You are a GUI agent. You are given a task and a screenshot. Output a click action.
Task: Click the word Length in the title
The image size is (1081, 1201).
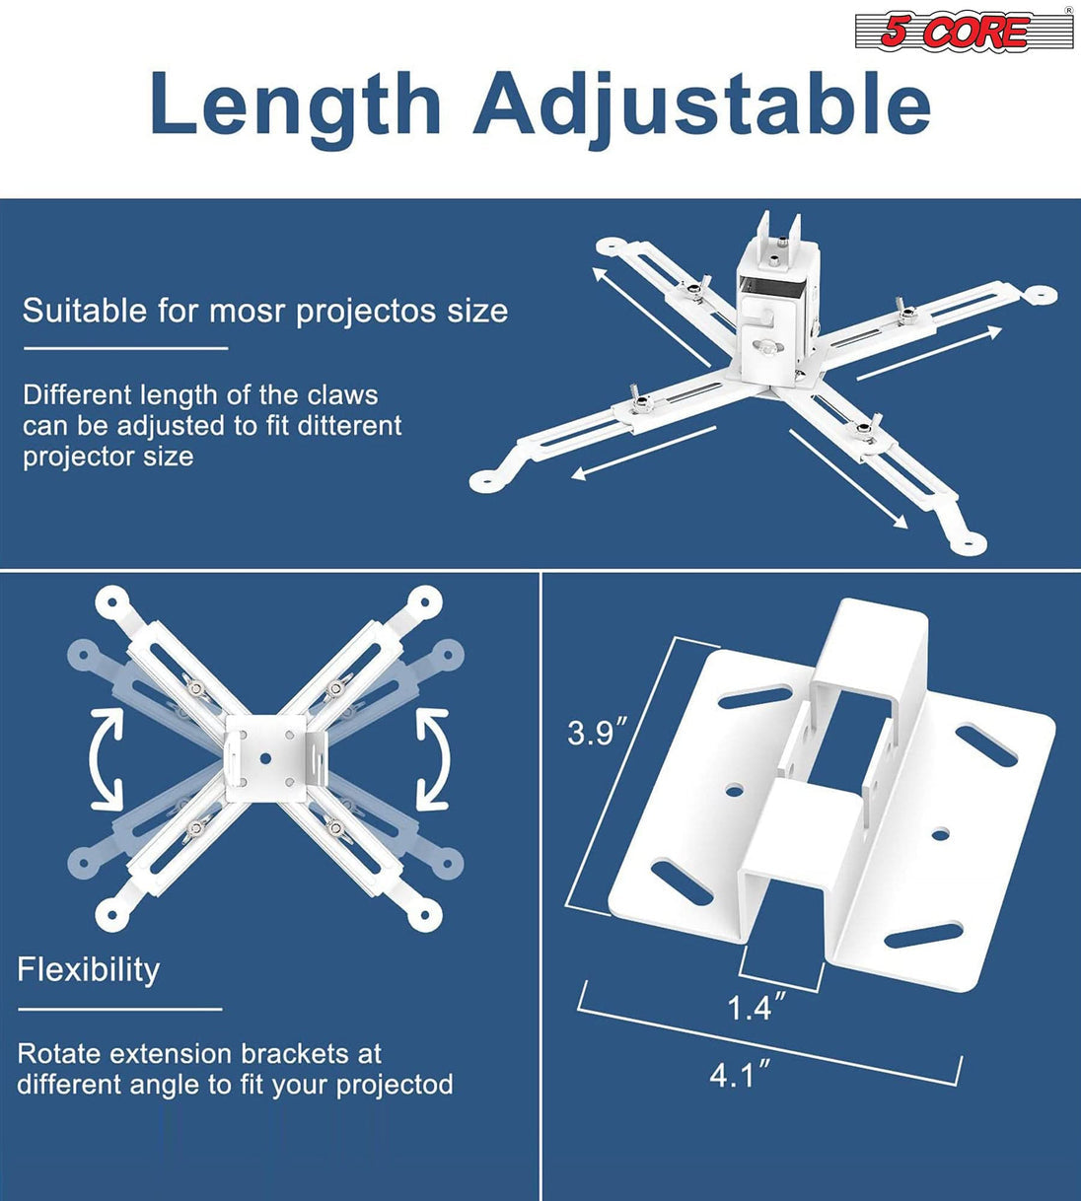click(x=295, y=106)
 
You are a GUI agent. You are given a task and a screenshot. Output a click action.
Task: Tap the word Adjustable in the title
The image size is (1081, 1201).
click(x=702, y=106)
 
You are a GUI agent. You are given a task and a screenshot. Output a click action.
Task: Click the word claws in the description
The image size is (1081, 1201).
click(x=342, y=395)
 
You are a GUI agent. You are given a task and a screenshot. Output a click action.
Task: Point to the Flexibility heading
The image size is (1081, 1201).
click(x=89, y=969)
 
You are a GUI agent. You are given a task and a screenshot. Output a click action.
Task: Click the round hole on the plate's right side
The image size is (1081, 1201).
click(x=940, y=834)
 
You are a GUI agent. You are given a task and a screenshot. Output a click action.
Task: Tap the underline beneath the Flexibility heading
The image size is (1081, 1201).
click(x=119, y=1009)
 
